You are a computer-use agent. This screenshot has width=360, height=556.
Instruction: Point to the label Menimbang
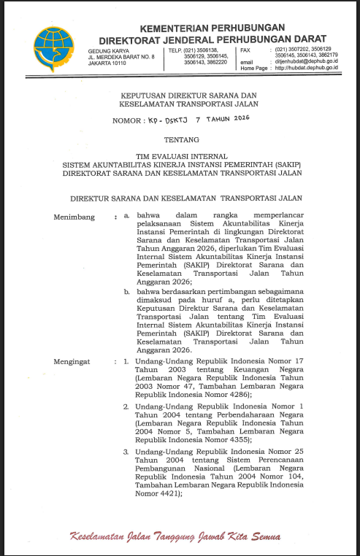point(74,217)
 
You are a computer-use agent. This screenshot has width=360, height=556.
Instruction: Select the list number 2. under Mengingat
point(126,405)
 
